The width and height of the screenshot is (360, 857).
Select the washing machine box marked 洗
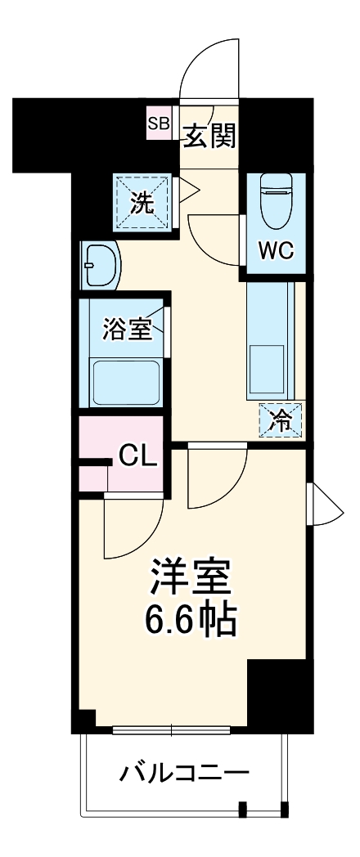pyautogui.click(x=145, y=203)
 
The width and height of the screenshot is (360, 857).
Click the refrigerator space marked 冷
pyautogui.click(x=281, y=420)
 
